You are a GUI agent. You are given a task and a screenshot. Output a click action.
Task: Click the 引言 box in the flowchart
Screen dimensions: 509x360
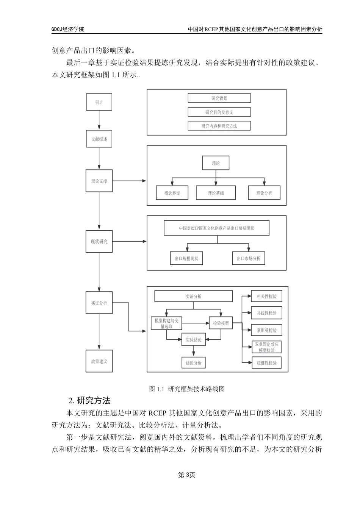click(99, 102)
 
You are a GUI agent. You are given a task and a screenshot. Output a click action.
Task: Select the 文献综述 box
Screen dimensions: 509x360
click(99, 139)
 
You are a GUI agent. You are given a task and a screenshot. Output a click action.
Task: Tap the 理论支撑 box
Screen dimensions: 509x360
click(99, 181)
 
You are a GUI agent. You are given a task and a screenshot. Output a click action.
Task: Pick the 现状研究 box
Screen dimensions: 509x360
click(99, 242)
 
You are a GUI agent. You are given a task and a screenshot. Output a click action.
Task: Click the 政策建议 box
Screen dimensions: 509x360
click(99, 361)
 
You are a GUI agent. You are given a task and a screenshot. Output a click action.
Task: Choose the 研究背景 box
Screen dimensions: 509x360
click(219, 98)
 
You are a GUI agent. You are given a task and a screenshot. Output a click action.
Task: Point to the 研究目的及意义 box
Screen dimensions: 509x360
click(219, 112)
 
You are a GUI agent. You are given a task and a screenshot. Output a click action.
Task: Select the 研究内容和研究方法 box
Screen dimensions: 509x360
click(219, 126)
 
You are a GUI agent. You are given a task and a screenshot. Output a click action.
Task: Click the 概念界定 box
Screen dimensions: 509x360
click(172, 193)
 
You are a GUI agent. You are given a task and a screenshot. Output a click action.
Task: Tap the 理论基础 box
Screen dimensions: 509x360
click(216, 193)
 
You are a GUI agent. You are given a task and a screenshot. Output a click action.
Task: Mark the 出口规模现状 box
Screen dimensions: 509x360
click(186, 259)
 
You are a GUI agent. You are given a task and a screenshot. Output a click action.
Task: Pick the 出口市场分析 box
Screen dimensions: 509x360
click(249, 259)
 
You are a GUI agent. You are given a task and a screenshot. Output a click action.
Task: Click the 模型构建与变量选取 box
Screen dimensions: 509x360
click(166, 323)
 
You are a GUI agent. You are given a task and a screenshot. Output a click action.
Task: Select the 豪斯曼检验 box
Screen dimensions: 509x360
click(266, 330)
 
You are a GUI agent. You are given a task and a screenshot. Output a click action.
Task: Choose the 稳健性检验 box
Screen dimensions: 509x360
click(266, 363)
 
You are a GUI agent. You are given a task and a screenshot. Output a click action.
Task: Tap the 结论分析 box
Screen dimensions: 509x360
click(193, 363)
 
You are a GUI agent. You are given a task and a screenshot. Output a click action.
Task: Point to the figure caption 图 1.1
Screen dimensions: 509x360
click(187, 389)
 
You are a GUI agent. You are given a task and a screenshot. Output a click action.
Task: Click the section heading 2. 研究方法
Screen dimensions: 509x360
click(89, 400)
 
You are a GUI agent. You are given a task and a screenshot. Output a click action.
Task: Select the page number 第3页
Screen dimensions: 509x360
click(186, 475)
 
